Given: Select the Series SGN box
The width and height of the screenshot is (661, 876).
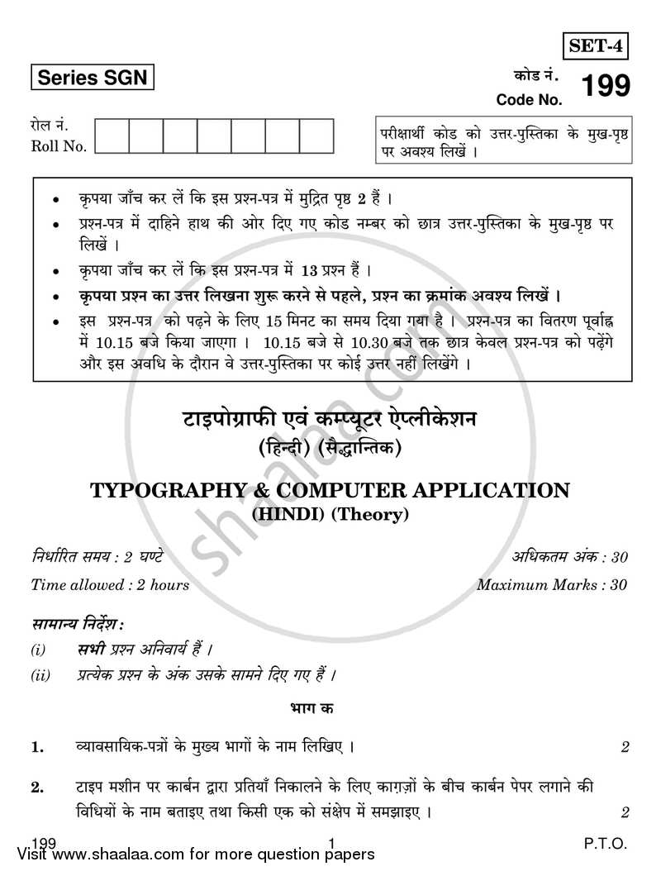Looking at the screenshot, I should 92,78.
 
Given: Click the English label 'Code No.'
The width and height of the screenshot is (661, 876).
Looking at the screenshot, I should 529,100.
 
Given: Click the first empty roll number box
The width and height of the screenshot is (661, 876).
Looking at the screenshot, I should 112,137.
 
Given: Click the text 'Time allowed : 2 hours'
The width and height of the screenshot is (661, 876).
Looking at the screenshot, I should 110,584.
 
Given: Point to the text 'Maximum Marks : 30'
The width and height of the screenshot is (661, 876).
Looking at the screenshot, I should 552,584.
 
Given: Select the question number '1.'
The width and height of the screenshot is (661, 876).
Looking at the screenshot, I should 38,747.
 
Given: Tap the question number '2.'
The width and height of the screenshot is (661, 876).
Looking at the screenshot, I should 38,788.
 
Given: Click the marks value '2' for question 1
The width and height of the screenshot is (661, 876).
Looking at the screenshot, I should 625,747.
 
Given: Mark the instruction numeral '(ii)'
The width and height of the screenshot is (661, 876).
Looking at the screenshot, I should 40,675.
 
